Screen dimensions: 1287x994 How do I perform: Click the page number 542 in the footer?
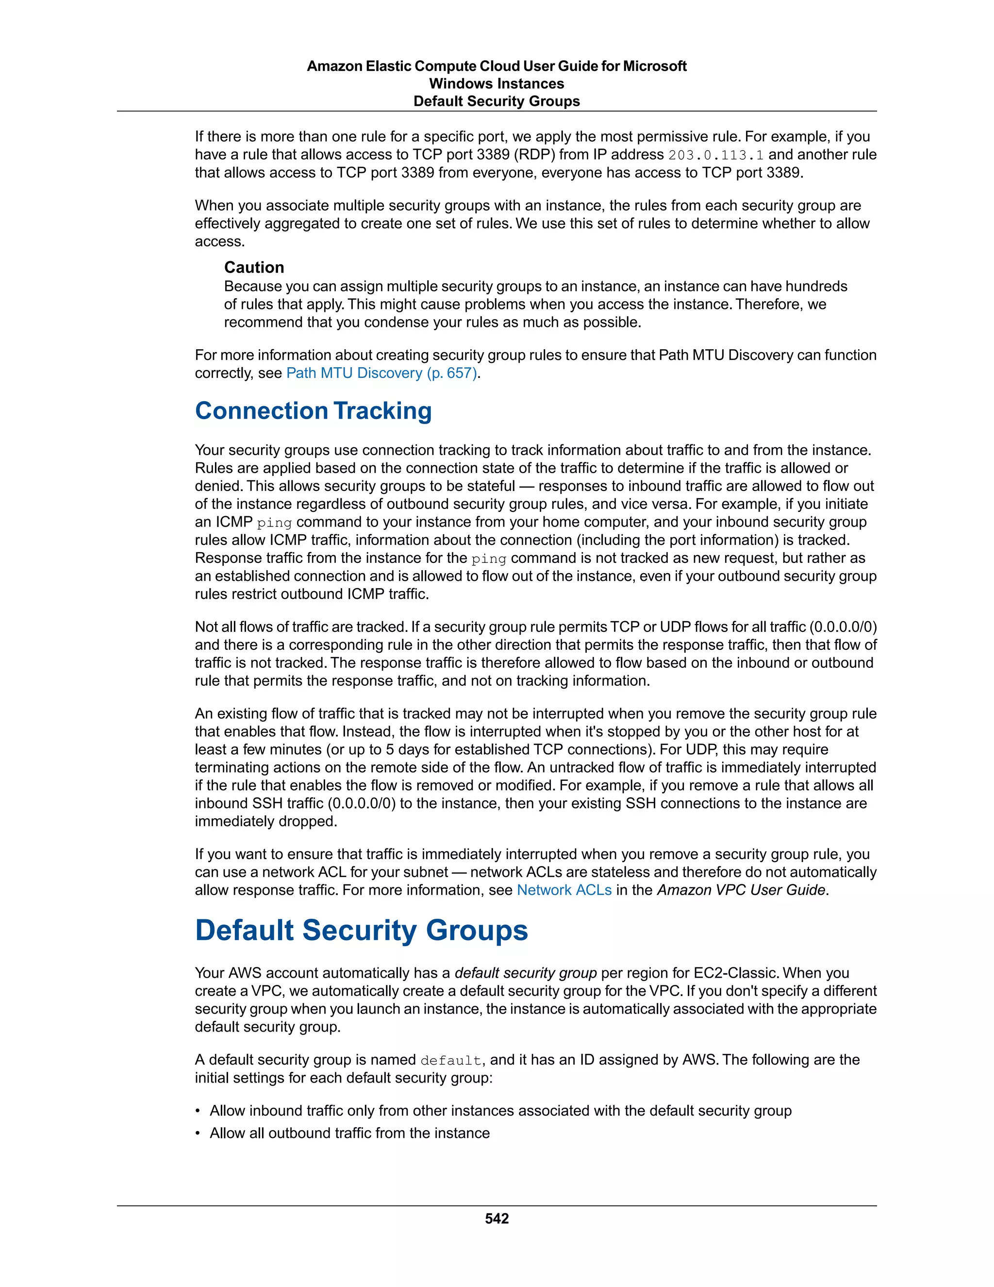[497, 1219]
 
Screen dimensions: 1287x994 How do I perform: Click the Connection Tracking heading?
[313, 411]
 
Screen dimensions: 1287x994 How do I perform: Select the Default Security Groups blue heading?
[361, 931]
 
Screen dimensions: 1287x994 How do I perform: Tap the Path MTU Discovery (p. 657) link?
[381, 373]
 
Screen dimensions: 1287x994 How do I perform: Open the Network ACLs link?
[563, 890]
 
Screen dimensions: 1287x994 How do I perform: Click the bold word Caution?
[254, 268]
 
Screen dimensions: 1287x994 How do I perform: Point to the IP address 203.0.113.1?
[715, 155]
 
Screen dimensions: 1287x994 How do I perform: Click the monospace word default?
[451, 1060]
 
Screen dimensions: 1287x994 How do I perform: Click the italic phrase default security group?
[525, 973]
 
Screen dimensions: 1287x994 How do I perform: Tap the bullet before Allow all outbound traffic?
[199, 1133]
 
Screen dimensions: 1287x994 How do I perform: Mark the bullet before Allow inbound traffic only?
[199, 1111]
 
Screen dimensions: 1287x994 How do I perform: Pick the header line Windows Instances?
[497, 84]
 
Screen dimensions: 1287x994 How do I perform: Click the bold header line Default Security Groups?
[497, 102]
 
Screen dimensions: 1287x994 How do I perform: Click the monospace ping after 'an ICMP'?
[274, 523]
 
